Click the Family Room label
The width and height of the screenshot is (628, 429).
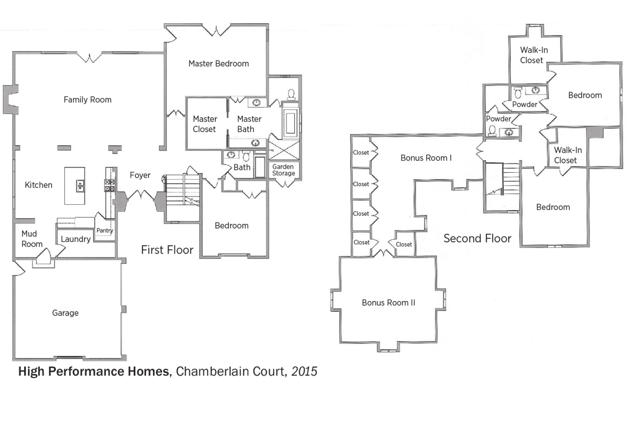click(87, 100)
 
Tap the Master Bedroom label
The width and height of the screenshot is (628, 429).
click(218, 64)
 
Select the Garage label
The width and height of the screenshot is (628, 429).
click(65, 313)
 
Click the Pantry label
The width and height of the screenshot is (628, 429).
click(105, 230)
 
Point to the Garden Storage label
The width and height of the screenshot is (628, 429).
click(283, 170)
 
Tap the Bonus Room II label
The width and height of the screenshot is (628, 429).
click(388, 303)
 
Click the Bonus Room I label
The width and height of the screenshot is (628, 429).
click(426, 158)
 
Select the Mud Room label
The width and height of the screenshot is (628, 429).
click(32, 239)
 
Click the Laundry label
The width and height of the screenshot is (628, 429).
click(75, 239)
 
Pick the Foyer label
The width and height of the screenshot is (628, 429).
click(140, 175)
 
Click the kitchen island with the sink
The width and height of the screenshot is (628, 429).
click(74, 186)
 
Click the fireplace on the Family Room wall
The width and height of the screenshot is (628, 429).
click(11, 100)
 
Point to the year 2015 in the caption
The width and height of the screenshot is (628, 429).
click(304, 371)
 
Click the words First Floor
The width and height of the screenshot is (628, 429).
click(167, 250)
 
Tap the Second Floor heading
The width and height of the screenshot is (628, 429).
click(477, 239)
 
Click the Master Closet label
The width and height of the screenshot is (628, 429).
click(205, 124)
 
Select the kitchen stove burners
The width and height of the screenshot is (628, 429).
click(110, 186)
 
